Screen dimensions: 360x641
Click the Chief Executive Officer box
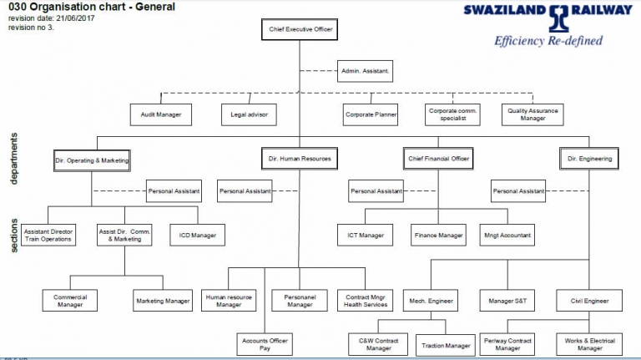pyautogui.click(x=300, y=29)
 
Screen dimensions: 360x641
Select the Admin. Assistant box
pyautogui.click(x=366, y=72)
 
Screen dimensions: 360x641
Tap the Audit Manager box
pyautogui.click(x=161, y=114)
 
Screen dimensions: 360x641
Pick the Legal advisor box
pyautogui.click(x=249, y=114)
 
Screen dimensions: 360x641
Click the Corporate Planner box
pyautogui.click(x=371, y=114)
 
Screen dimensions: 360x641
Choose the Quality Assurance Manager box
pyautogui.click(x=533, y=114)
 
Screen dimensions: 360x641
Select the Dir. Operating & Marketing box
pyautogui.click(x=92, y=159)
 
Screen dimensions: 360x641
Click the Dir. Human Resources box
pyautogui.click(x=300, y=159)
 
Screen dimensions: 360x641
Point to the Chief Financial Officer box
pyautogui.click(x=438, y=159)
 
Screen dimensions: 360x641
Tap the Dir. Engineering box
pyautogui.click(x=589, y=159)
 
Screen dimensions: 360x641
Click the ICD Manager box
pyautogui.click(x=197, y=236)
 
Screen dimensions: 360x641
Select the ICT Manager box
pyautogui.click(x=365, y=236)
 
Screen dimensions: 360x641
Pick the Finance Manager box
pyautogui.click(x=438, y=236)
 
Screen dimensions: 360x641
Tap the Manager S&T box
pyautogui.click(x=507, y=300)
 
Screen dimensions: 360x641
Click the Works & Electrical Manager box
pyautogui.click(x=589, y=342)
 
